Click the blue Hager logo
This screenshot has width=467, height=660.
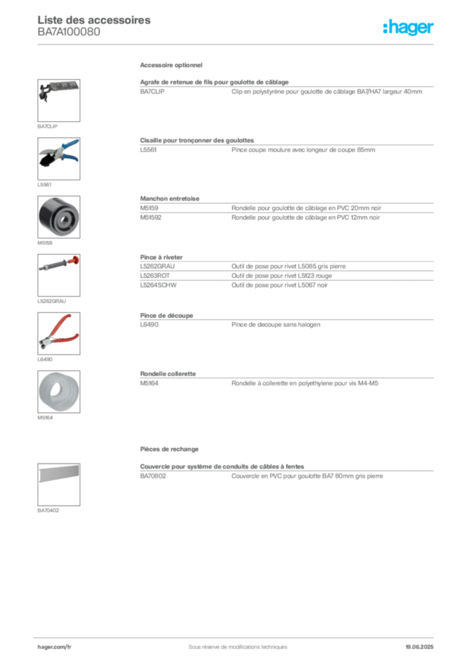[x=409, y=28]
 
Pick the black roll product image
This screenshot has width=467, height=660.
[x=58, y=217]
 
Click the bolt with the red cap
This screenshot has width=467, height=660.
[x=59, y=264]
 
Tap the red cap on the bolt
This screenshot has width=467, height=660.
[x=75, y=259]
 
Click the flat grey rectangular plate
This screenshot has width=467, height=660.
[x=58, y=474]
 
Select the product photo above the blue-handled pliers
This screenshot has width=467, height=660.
[x=58, y=90]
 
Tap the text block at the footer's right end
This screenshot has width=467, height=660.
[x=423, y=642]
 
